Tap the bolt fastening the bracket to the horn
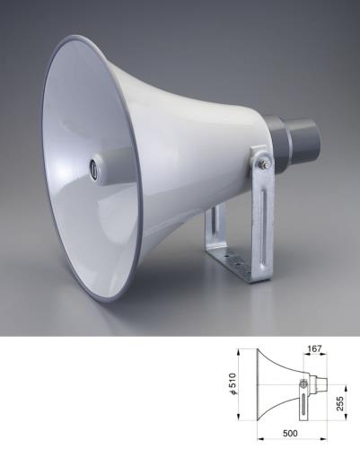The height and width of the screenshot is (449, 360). pyautogui.click(x=263, y=163)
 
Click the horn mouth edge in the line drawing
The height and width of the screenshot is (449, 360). pyautogui.click(x=258, y=384)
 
